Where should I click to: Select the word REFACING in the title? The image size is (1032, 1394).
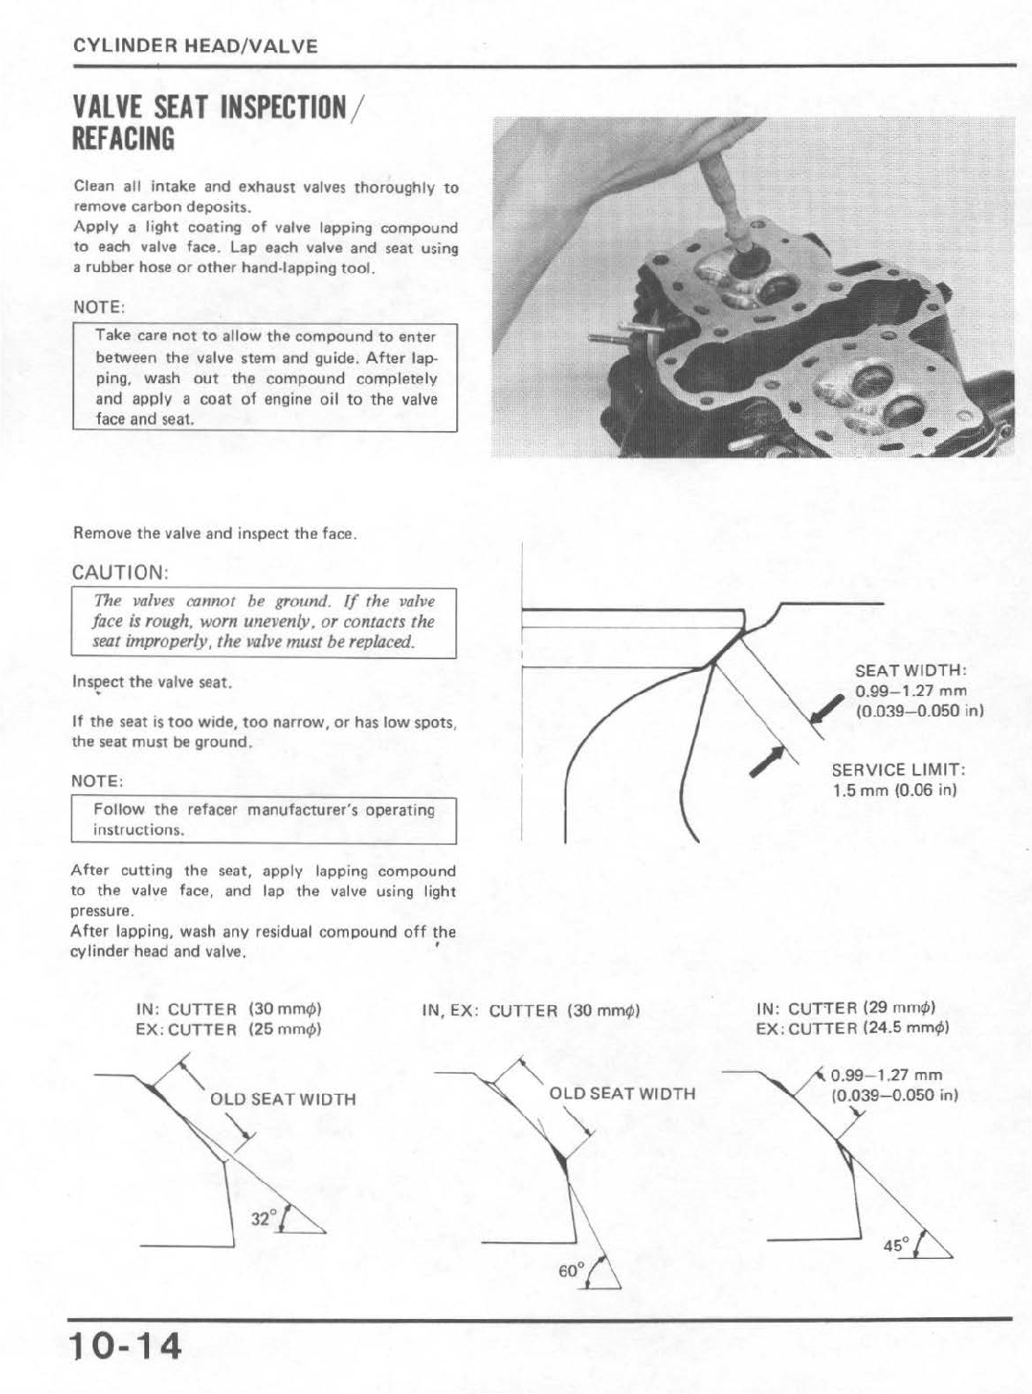(x=123, y=139)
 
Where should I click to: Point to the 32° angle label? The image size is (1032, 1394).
(x=262, y=1218)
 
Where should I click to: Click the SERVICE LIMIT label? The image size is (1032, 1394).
(x=899, y=770)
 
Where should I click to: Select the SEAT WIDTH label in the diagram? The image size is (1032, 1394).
(x=911, y=671)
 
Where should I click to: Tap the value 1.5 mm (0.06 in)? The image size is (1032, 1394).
(x=894, y=790)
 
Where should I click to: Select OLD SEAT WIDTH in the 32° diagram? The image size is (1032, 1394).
(x=282, y=1100)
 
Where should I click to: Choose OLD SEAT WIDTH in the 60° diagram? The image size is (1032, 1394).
(x=622, y=1093)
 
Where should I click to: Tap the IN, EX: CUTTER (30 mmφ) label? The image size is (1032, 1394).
(x=531, y=1011)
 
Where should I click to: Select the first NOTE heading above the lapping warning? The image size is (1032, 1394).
(x=98, y=306)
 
